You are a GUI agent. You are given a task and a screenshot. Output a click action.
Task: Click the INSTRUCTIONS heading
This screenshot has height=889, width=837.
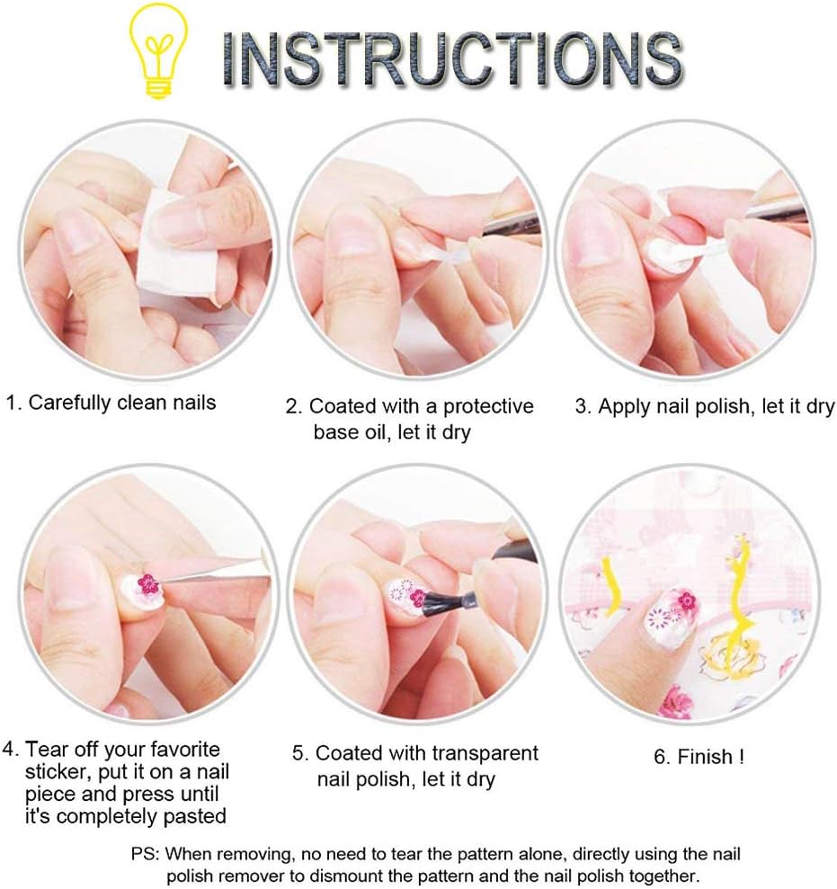pyautogui.click(x=453, y=59)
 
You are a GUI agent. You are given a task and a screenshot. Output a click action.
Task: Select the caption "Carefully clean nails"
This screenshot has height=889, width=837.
pyautogui.click(x=122, y=403)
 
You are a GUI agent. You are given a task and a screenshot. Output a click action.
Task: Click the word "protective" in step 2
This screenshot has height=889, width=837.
pyautogui.click(x=488, y=406)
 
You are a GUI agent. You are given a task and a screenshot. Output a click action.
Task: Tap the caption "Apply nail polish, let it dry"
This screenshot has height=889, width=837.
pyautogui.click(x=717, y=406)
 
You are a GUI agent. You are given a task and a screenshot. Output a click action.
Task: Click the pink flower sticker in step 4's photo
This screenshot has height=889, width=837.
pyautogui.click(x=148, y=584)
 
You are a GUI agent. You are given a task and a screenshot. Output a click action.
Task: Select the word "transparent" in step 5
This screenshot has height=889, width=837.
pyautogui.click(x=484, y=753)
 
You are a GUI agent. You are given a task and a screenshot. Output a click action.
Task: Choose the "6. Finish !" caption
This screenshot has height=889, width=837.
pyautogui.click(x=699, y=757)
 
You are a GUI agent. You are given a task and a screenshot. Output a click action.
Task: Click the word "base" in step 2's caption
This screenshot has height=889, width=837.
pyautogui.click(x=334, y=432)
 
